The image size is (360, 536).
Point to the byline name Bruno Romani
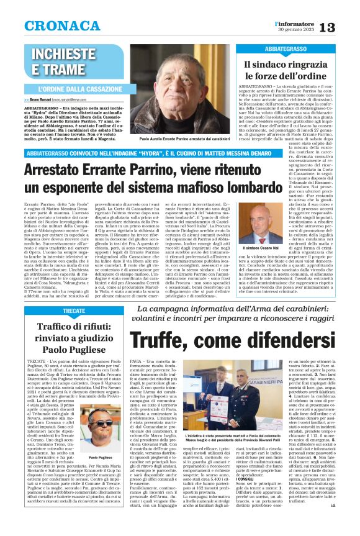click(38, 99)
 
